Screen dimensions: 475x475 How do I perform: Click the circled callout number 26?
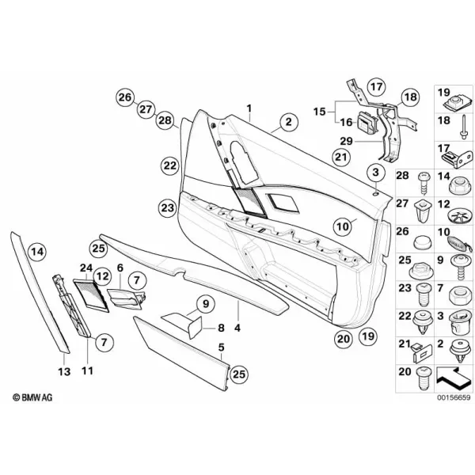(125, 97)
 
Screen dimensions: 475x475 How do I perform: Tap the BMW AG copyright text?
(32, 397)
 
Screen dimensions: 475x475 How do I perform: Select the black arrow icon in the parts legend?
(454, 378)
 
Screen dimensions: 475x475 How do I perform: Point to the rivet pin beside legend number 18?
(463, 127)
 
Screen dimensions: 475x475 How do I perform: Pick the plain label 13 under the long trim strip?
(64, 371)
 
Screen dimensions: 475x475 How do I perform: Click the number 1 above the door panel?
(249, 108)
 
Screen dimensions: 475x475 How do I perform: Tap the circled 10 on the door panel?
(343, 226)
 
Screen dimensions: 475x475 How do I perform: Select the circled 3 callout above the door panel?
(375, 173)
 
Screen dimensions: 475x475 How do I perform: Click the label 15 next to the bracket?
(319, 112)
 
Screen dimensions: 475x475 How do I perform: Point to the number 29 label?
(346, 141)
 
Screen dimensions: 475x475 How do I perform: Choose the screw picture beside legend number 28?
(424, 184)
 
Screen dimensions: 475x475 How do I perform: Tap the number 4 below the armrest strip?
(237, 328)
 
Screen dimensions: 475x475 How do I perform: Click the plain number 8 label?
(221, 328)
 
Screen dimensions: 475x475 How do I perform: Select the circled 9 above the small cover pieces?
(206, 304)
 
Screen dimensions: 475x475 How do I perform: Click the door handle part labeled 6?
(126, 299)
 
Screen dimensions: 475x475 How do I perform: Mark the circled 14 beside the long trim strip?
(37, 252)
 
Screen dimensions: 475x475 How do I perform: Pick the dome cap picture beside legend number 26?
(423, 242)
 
